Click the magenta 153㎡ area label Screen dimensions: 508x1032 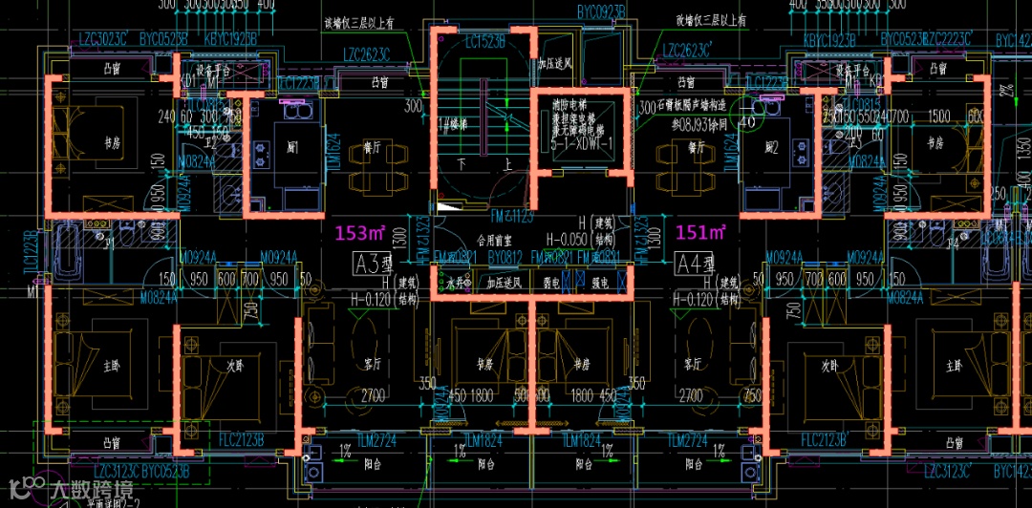(355, 232)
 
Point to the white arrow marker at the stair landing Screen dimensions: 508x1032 (445, 206)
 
